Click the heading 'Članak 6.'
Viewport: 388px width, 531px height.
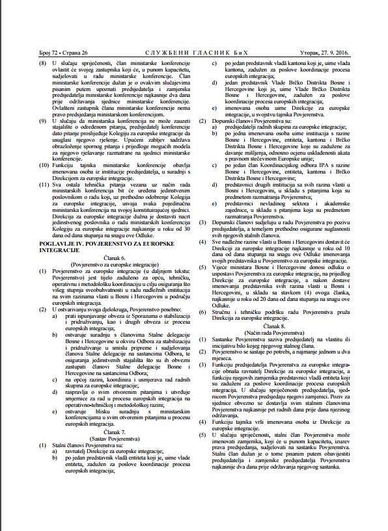118,259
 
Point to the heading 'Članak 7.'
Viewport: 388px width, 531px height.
118,429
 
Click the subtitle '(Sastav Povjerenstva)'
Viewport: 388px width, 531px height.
118,435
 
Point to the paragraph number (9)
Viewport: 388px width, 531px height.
26,121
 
